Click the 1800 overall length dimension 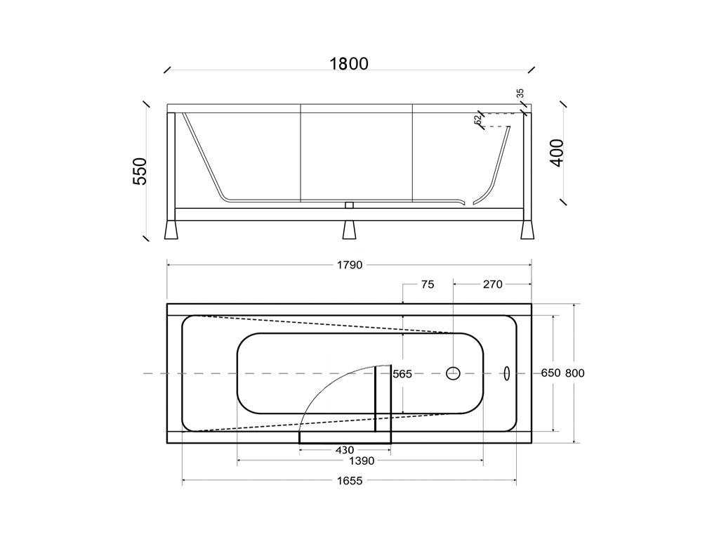click(349, 64)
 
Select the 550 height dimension click(140, 171)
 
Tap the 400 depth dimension click(556, 153)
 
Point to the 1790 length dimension click(350, 265)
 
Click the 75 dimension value click(428, 285)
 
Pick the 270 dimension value click(492, 285)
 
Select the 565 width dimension click(402, 374)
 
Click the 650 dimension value click(550, 373)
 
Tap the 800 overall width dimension click(574, 373)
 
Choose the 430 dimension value click(345, 450)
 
